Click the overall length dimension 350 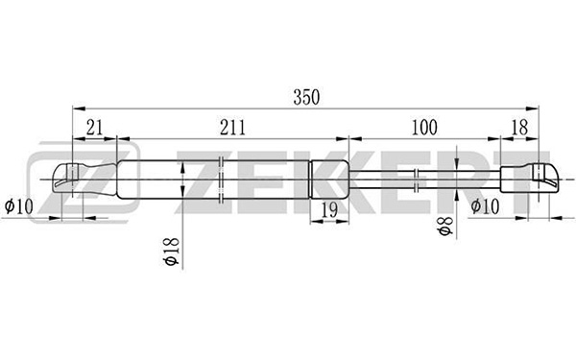[306, 98]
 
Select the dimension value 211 [232, 129]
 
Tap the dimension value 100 [424, 128]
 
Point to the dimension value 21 [94, 129]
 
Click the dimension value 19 [329, 210]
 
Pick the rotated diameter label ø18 [171, 252]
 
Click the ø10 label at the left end [18, 206]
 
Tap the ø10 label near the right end [485, 206]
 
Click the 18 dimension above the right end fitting [519, 128]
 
